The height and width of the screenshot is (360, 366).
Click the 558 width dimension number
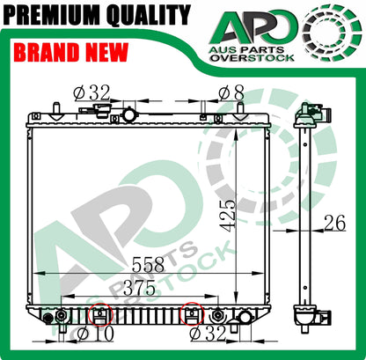pyautogui.click(x=148, y=264)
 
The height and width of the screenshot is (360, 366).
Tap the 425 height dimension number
pyautogui.click(x=229, y=216)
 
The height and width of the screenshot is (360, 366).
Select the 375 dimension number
pyautogui.click(x=139, y=287)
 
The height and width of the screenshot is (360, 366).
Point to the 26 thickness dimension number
pyautogui.click(x=334, y=223)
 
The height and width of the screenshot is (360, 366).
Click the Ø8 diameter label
pyautogui.click(x=231, y=93)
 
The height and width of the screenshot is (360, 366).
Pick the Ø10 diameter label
pyautogui.click(x=95, y=334)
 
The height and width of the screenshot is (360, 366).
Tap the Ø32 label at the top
pyautogui.click(x=91, y=92)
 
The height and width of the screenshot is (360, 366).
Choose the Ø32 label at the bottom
pyautogui.click(x=208, y=334)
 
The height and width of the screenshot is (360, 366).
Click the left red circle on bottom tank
pyautogui.click(x=100, y=315)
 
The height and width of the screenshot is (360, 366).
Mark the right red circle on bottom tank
pyautogui.click(x=192, y=313)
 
